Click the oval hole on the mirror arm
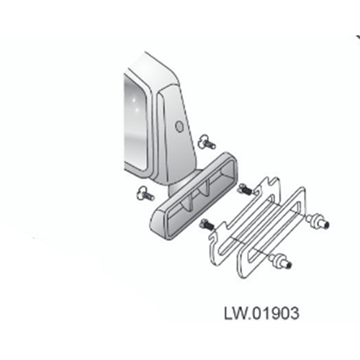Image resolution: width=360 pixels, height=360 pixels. tap(179, 127)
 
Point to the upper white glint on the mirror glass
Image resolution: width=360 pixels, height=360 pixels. tap(135, 99)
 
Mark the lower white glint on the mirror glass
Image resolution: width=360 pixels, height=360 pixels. tap(138, 109)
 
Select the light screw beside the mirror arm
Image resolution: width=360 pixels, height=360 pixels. tap(207, 142)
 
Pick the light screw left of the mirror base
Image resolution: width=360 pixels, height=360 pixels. tap(145, 194)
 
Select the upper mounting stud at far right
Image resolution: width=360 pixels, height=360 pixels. tap(318, 222)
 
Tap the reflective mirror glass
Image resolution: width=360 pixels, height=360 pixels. tap(135, 122)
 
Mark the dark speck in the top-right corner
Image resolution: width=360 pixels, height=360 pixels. tap(358, 37)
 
